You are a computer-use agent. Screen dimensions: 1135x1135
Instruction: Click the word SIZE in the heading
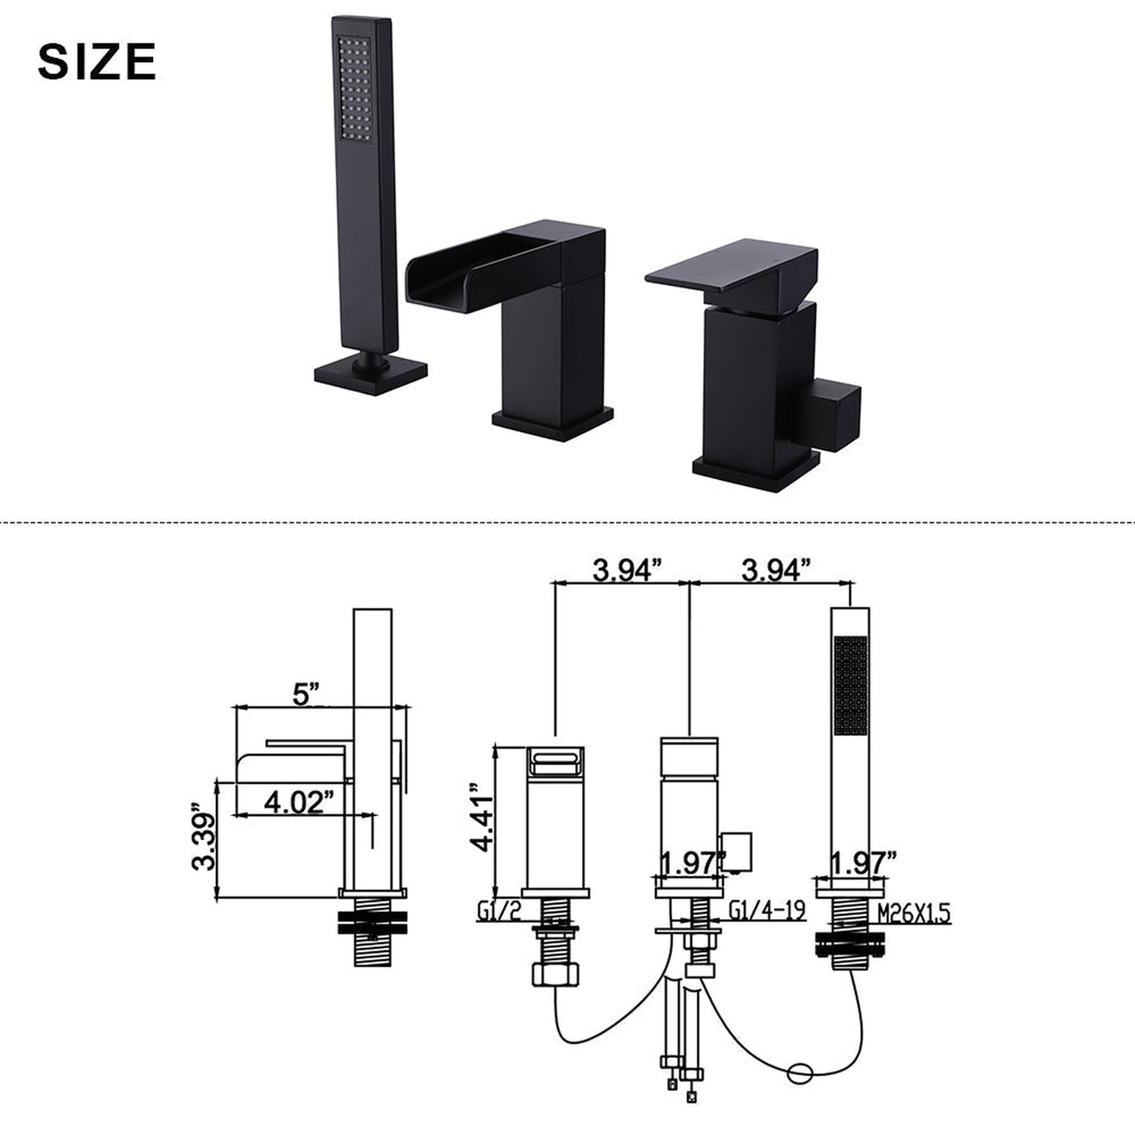click(x=97, y=62)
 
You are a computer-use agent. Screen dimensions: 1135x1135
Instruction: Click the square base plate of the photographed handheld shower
click(x=371, y=374)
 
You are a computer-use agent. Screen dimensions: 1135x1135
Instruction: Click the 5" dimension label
click(x=306, y=694)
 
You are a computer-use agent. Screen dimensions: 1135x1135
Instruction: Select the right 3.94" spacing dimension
click(x=774, y=569)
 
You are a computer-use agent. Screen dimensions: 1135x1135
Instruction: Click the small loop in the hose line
click(x=804, y=1070)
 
